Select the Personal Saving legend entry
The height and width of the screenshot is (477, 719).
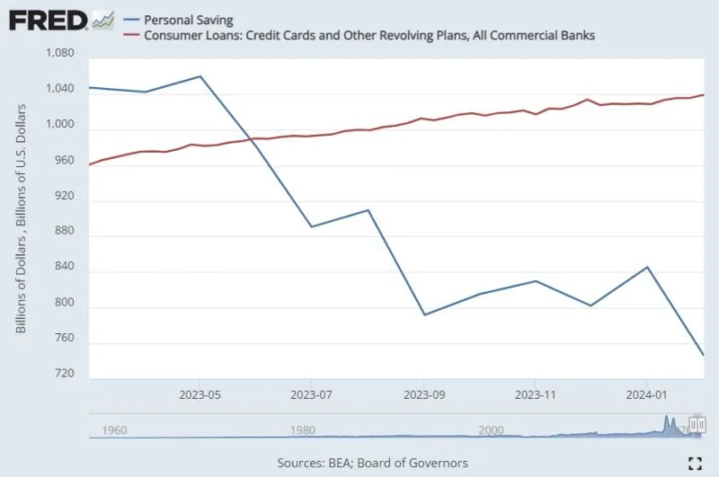point(189,20)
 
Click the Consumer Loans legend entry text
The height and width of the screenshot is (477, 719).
point(369,35)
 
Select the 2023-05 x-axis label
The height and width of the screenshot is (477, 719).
point(200,393)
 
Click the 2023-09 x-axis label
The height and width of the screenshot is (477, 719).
point(423,393)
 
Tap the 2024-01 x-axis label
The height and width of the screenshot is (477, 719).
point(647,393)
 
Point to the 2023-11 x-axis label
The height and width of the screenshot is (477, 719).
point(536,393)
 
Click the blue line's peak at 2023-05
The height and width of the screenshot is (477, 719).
point(200,76)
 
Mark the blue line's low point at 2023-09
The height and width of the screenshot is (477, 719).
point(423,314)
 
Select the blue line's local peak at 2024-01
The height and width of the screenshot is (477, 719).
point(647,267)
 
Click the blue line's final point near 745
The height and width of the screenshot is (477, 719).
point(703,355)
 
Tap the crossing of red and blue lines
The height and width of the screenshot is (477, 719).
point(253,140)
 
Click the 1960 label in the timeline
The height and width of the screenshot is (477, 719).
point(115,430)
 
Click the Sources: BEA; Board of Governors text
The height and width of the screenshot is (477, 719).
point(373,463)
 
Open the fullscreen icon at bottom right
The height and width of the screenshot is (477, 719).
point(694,463)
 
